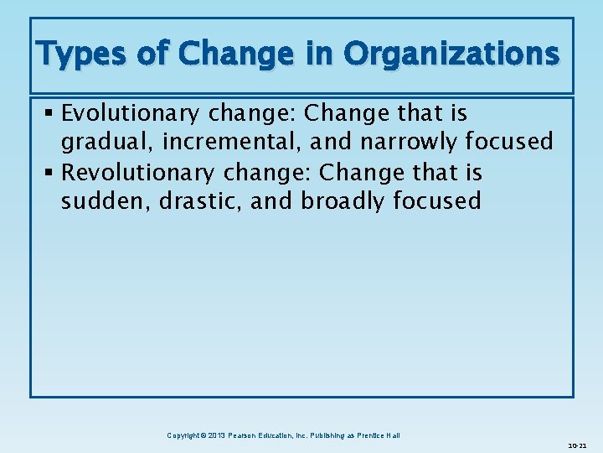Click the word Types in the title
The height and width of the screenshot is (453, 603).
[80, 55]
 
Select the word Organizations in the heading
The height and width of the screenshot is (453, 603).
[451, 55]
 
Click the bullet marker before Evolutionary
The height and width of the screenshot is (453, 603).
[52, 113]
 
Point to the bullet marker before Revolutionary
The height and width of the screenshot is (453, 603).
[52, 173]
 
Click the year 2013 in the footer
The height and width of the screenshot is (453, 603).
[216, 435]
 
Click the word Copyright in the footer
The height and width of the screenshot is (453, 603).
[185, 435]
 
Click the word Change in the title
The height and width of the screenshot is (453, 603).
[233, 55]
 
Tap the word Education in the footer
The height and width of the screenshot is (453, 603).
[286, 435]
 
